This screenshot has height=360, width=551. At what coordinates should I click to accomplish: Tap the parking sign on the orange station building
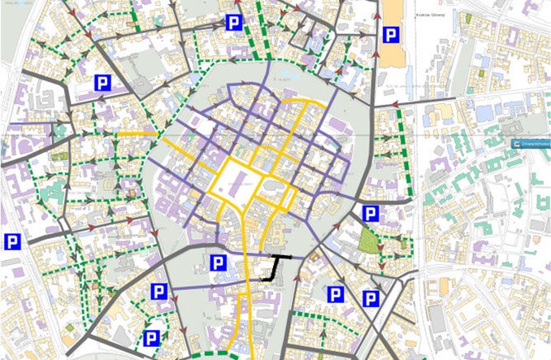click(x=389, y=35)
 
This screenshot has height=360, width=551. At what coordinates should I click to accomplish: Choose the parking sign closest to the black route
click(x=218, y=262)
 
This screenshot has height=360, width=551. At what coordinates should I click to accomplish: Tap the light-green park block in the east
click(x=368, y=240)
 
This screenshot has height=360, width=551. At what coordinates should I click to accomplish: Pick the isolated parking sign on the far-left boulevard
click(x=12, y=241)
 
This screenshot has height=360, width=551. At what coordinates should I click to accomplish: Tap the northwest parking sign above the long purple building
click(x=102, y=82)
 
